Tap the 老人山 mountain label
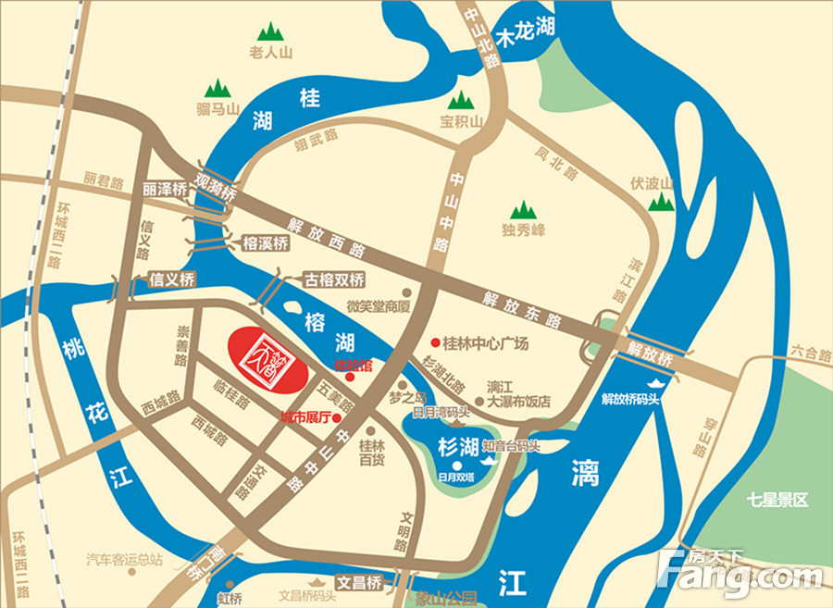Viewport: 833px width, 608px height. click(x=271, y=53)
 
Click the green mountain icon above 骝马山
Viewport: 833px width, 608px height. click(x=218, y=88)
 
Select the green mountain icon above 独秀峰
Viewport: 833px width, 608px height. click(x=524, y=209)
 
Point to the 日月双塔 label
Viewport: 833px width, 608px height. click(x=457, y=478)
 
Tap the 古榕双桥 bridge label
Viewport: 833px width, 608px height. click(x=334, y=279)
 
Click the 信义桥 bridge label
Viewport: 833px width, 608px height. click(x=171, y=278)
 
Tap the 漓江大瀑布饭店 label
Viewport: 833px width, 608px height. click(x=519, y=395)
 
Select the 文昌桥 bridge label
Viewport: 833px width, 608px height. click(x=358, y=584)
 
